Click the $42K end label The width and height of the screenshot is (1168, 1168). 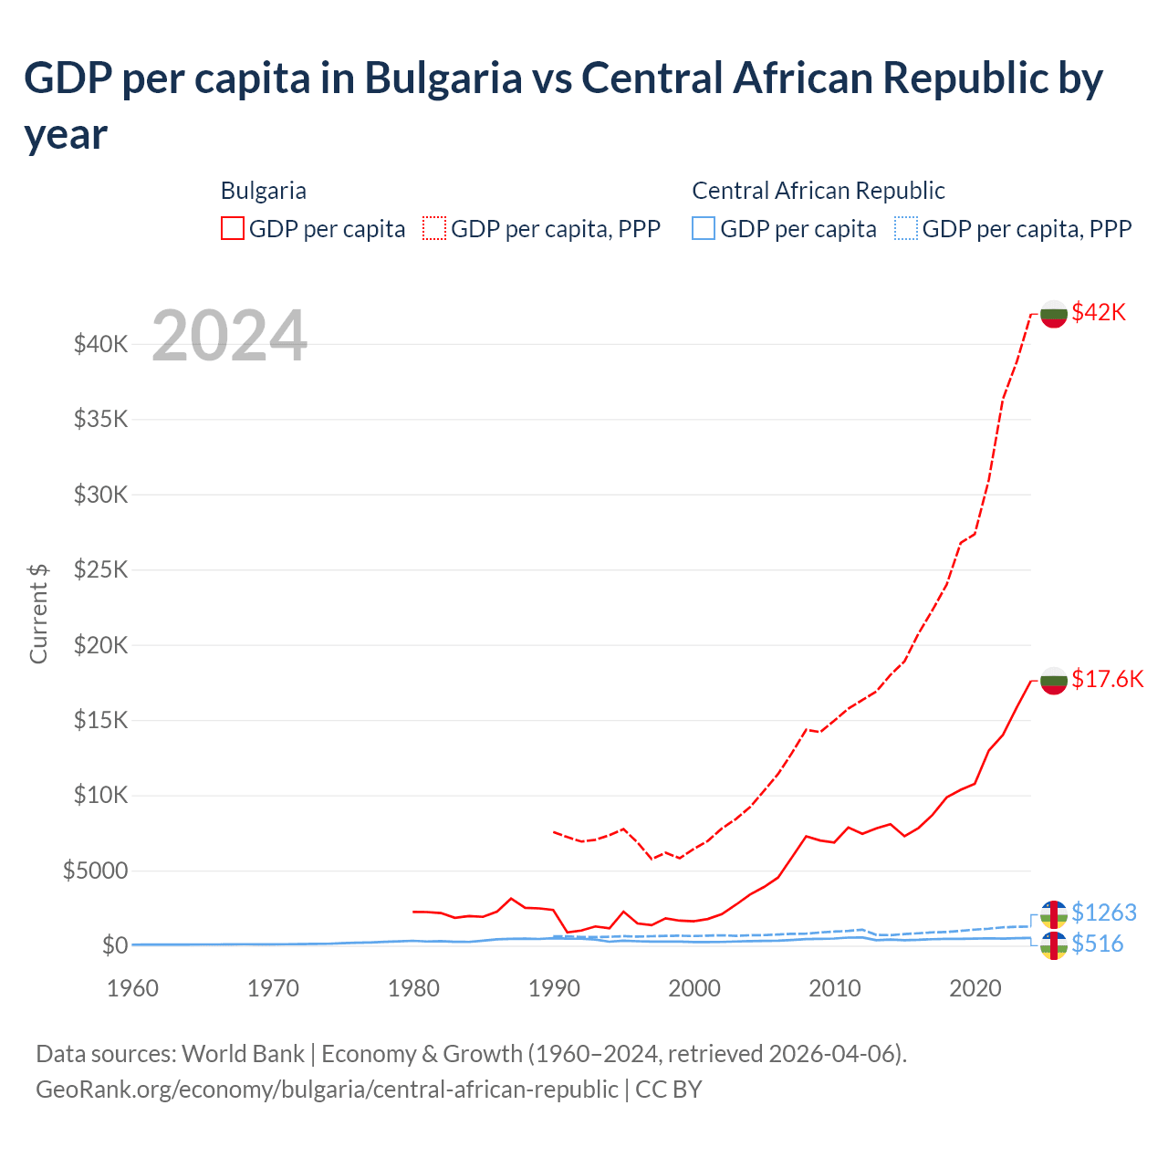pos(1099,312)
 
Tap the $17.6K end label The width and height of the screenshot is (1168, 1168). pos(1107,679)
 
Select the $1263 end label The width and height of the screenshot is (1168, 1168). pos(1104,912)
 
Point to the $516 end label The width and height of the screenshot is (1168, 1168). pos(1098,944)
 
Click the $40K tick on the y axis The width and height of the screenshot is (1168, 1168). pos(100,345)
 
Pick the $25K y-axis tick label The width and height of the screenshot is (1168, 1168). pos(100,570)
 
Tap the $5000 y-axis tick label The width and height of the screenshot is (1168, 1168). pos(95,871)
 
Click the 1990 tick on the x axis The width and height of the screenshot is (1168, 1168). pos(554,988)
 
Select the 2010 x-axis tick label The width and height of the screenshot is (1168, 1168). pos(835,988)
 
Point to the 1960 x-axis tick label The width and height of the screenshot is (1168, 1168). pos(132,988)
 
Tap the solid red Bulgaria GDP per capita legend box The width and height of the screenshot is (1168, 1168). pos(233,228)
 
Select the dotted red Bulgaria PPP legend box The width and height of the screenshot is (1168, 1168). pos(434,228)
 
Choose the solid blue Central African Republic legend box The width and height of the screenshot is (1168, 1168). pos(704,228)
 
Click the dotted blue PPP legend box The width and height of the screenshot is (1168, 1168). pos(906,228)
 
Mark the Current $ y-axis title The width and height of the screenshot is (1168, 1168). pos(38,613)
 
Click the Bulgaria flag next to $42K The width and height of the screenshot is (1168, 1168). pos(1054,313)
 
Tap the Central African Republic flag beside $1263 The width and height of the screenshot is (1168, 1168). pos(1054,913)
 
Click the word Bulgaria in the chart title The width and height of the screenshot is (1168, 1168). pos(443,78)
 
